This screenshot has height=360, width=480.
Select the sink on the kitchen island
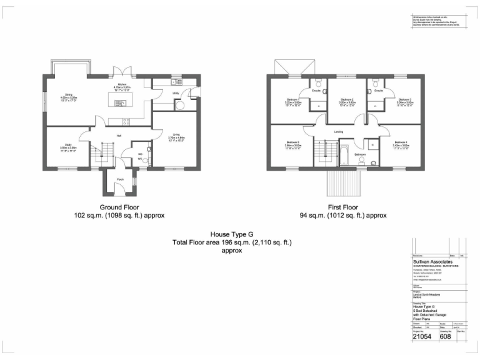[x=117, y=100]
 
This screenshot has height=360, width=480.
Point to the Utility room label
[x=176, y=93]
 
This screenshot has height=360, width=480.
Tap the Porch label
[x=119, y=180]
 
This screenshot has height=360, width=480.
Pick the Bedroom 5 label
[x=293, y=142]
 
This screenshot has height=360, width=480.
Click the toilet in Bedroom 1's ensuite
[x=319, y=83]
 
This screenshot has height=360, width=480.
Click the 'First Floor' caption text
[x=342, y=207]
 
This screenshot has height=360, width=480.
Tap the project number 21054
[x=422, y=336]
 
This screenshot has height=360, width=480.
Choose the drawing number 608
[x=445, y=336]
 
